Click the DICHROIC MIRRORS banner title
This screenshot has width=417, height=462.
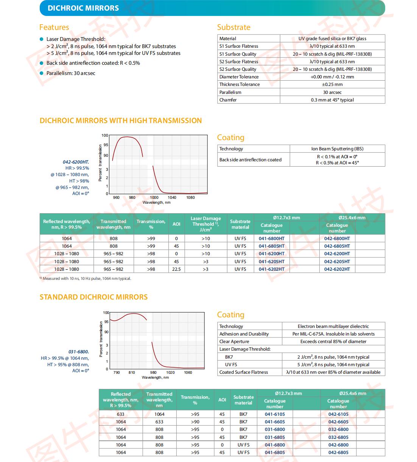pos(83,8)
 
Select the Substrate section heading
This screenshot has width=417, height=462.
pos(233,27)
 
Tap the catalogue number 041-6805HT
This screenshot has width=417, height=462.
pos(272,246)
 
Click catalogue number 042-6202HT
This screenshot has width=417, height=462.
pos(337,269)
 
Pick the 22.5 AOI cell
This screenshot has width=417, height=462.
pos(176,269)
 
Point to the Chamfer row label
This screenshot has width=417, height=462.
pos(228,100)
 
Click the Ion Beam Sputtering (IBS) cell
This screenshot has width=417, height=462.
pos(337,149)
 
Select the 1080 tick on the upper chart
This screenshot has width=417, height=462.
pos(190,197)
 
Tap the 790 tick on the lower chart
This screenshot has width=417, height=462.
pos(117,372)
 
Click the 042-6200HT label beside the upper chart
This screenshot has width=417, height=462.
pos(76,162)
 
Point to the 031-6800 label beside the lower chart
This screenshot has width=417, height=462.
pos(78,352)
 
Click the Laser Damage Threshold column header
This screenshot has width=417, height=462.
pos(205,224)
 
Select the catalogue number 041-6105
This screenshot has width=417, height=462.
pos(275,414)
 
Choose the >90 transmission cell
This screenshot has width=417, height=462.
pos(195,422)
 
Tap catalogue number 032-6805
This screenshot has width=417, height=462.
pos(338,437)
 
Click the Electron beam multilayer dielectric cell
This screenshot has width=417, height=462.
pos(333,326)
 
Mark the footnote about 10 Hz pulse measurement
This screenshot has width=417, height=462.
pos(85,278)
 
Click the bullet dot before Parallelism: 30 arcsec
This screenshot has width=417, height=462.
pos(41,73)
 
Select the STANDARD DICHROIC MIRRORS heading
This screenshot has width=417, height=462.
pos(93,297)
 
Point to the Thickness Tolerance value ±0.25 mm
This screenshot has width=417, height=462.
pos(332,84)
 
